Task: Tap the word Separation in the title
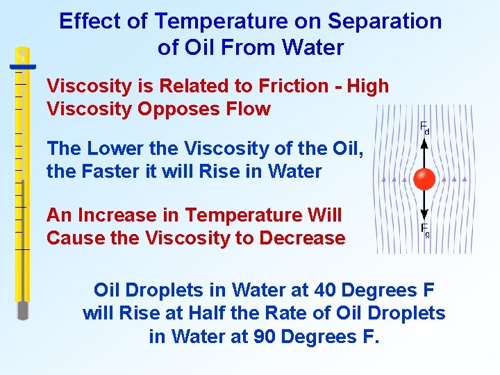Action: pyautogui.click(x=385, y=22)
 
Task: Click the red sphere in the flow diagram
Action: pyautogui.click(x=424, y=179)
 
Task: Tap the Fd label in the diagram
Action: pyautogui.click(x=424, y=127)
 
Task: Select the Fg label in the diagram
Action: pyautogui.click(x=424, y=230)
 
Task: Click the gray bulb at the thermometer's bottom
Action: pyautogui.click(x=23, y=310)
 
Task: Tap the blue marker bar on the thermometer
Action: pyautogui.click(x=22, y=67)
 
